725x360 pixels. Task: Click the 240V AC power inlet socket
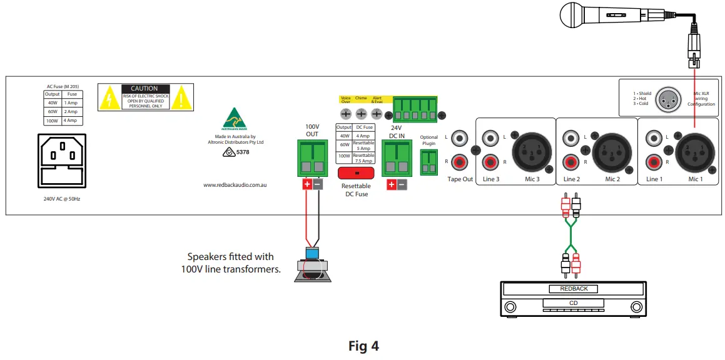[62, 159]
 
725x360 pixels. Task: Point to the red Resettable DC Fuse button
[355, 172]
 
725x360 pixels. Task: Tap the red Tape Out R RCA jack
[460, 163]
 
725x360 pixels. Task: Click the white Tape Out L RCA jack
[460, 137]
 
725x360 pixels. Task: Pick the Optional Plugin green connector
[428, 162]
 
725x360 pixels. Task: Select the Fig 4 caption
[363, 345]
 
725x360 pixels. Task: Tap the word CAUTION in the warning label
[144, 89]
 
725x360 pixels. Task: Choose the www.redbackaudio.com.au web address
[235, 185]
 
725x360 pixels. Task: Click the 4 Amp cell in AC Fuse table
[72, 120]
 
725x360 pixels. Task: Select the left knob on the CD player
[510, 307]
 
